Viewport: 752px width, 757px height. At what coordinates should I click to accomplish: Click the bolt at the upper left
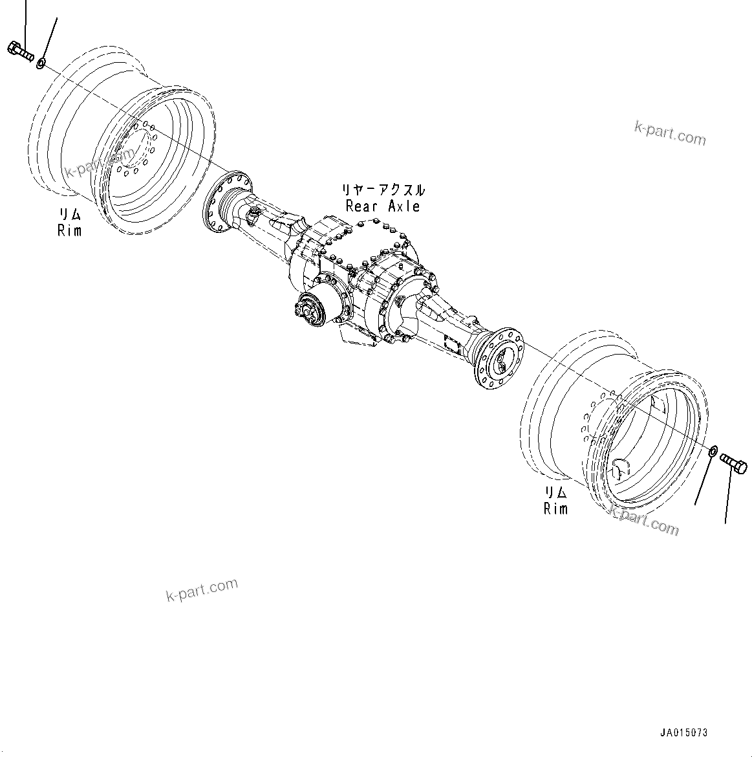pyautogui.click(x=21, y=51)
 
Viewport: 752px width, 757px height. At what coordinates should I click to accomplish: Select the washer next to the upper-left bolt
pyautogui.click(x=41, y=63)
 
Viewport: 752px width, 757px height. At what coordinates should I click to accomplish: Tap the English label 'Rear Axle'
pyautogui.click(x=383, y=206)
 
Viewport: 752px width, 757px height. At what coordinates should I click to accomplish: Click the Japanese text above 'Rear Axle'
pyautogui.click(x=383, y=190)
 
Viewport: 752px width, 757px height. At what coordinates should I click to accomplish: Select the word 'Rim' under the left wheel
pyautogui.click(x=70, y=230)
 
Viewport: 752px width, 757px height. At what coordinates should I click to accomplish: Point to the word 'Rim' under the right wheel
pyautogui.click(x=555, y=509)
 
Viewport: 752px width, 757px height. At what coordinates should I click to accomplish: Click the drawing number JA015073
pyautogui.click(x=683, y=732)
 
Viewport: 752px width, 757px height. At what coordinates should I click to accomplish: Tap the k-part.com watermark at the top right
pyautogui.click(x=669, y=134)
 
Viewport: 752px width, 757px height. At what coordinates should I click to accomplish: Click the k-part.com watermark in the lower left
pyautogui.click(x=202, y=589)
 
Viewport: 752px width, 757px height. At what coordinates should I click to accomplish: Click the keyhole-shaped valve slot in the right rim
pyautogui.click(x=619, y=466)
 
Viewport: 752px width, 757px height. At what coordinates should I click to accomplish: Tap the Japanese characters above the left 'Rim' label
pyautogui.click(x=70, y=215)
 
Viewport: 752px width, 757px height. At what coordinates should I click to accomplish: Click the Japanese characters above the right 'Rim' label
pyautogui.click(x=555, y=493)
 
